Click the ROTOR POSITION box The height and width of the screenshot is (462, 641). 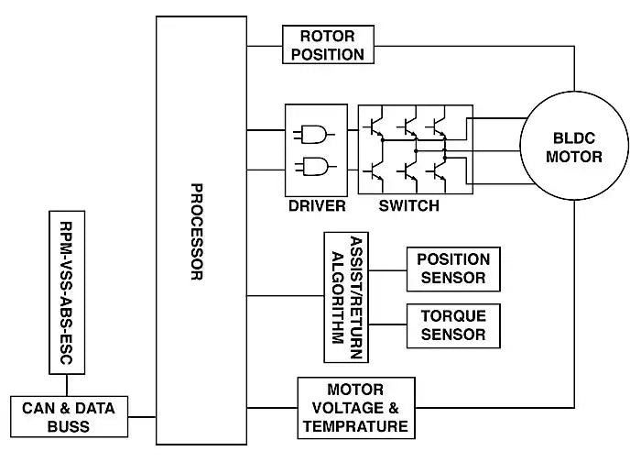tap(326, 45)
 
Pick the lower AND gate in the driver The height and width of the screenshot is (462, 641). tap(312, 169)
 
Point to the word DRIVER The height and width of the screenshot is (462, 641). tap(317, 205)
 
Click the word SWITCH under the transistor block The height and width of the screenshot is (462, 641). tap(409, 205)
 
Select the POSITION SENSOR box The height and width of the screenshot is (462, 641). tap(453, 269)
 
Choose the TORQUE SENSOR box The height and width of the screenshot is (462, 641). tap(453, 325)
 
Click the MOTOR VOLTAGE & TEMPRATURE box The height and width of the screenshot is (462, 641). tap(353, 408)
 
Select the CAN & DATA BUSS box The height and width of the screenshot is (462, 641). tap(69, 417)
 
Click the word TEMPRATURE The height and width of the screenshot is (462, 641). tap(353, 426)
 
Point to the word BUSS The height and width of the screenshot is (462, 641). tap(69, 427)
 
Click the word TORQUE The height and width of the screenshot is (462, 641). tap(453, 315)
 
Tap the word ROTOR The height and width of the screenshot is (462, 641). tap(326, 36)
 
